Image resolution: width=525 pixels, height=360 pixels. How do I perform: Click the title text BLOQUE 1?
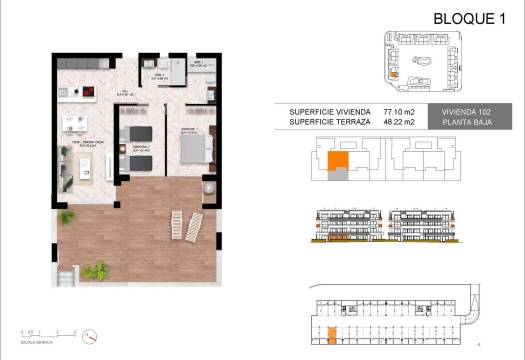click(x=467, y=18)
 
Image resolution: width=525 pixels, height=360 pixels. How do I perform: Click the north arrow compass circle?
click(x=90, y=335)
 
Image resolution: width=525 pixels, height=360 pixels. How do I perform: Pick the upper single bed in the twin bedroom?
click(x=138, y=133)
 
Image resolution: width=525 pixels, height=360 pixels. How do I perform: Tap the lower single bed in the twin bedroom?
click(x=138, y=160)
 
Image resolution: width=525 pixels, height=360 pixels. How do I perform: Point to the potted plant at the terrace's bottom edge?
click(x=98, y=270)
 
